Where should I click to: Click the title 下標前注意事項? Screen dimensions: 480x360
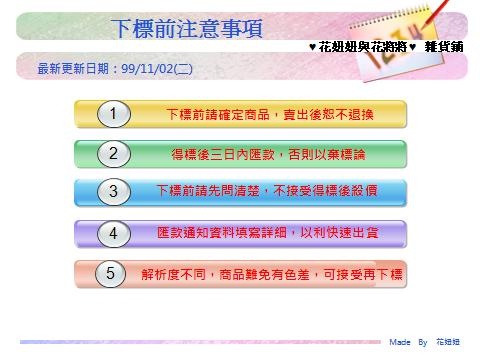(187, 28)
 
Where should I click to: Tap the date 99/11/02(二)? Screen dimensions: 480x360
(157, 69)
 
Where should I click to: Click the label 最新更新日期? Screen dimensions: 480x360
(73, 69)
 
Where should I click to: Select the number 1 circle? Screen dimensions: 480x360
(114, 114)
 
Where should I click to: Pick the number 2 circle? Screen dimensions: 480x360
(114, 154)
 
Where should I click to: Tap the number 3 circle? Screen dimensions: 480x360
(114, 192)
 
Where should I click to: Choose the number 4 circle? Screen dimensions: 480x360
(114, 233)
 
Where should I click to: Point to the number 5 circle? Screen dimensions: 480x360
(110, 273)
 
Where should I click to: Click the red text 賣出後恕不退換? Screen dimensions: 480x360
(328, 114)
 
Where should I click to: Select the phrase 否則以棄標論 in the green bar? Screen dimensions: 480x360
(327, 154)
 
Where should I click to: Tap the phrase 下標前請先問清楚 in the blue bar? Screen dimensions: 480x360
(208, 191)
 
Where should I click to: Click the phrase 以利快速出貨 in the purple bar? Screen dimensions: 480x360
(339, 232)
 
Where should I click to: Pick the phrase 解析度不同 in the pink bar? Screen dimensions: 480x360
(173, 274)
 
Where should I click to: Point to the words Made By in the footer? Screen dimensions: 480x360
(408, 342)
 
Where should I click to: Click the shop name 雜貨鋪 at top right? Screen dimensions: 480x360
(444, 47)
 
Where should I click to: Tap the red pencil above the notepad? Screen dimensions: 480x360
(436, 14)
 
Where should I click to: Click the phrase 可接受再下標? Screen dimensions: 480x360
(363, 274)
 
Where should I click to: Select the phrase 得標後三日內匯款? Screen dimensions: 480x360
(223, 154)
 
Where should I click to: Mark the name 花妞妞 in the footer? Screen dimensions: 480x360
(448, 342)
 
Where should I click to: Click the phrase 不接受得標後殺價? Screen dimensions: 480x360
(325, 191)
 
